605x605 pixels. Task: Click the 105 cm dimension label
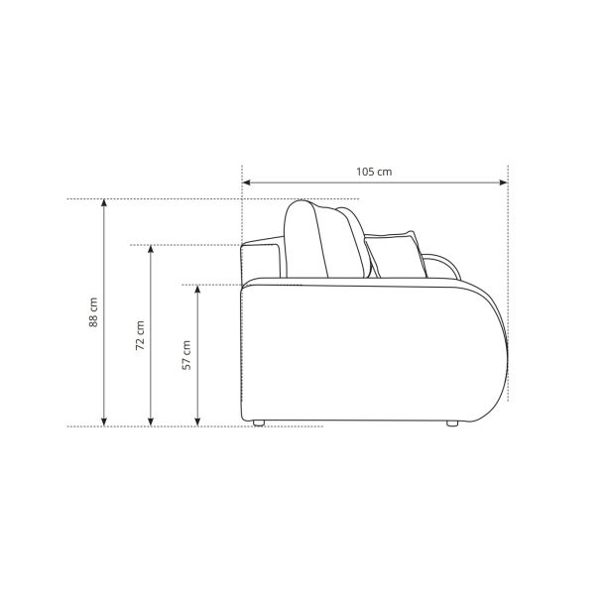pyautogui.click(x=374, y=172)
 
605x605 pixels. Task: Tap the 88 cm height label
pyautogui.click(x=93, y=312)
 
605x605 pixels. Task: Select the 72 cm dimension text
pyautogui.click(x=140, y=335)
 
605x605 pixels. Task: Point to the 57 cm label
pyautogui.click(x=186, y=355)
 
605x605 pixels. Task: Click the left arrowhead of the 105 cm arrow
pyautogui.click(x=247, y=182)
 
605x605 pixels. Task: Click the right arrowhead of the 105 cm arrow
pyautogui.click(x=504, y=182)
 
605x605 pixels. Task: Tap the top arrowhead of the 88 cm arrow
pyautogui.click(x=104, y=203)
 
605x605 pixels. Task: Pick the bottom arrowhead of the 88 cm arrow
pyautogui.click(x=104, y=422)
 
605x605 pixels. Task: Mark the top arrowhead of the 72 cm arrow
pyautogui.click(x=151, y=249)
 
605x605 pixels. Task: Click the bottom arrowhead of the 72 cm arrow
pyautogui.click(x=151, y=422)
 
